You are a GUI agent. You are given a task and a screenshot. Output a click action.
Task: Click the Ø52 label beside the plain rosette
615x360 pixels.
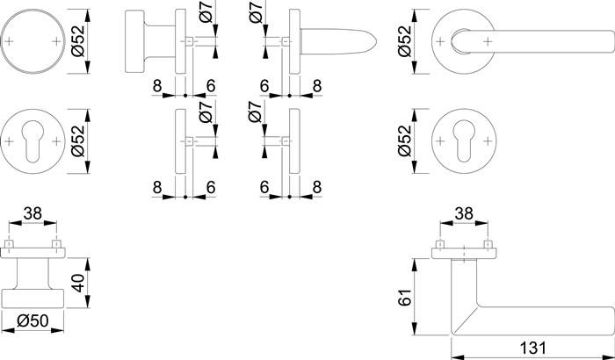click(77, 40)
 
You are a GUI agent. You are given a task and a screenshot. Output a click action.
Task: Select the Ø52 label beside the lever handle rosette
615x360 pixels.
click(405, 40)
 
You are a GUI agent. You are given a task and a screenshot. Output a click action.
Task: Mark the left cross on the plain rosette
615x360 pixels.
click(10, 40)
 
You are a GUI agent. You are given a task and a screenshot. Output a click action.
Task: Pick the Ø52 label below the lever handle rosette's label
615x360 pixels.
click(405, 140)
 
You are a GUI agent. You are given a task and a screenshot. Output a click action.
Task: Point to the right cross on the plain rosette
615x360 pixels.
click(58, 40)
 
